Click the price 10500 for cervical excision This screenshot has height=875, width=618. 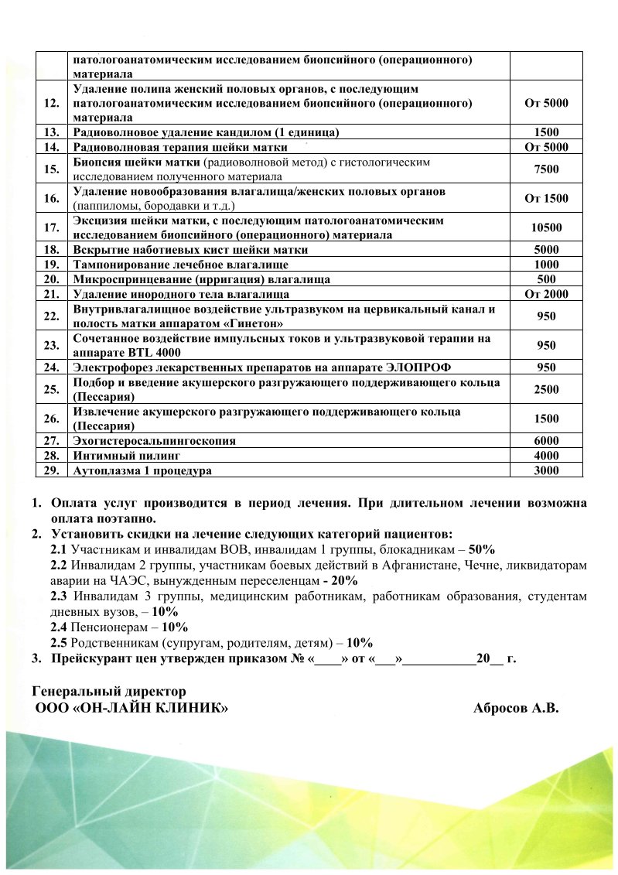pos(546,227)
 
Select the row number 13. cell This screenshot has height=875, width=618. pos(53,132)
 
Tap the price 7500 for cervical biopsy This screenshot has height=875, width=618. pos(546,169)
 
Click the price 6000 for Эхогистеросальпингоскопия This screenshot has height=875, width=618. pos(546,440)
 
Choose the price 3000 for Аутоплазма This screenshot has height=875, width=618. pos(546,470)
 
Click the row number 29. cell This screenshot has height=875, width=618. pos(53,470)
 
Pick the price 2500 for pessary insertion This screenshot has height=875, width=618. pos(546,389)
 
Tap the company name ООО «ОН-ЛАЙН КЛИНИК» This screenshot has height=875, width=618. pos(132,708)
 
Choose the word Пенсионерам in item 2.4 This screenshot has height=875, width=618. pos(107,627)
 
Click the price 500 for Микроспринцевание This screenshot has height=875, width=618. pos(546,279)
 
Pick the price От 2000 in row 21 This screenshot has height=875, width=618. pos(546,293)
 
